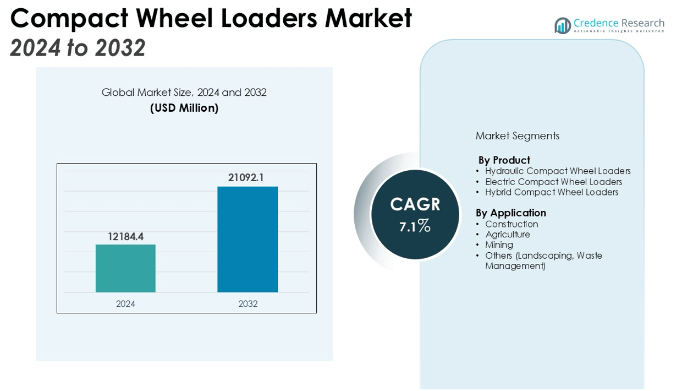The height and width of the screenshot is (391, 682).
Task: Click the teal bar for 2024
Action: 125,268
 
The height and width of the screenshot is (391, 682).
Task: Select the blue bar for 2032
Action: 248,239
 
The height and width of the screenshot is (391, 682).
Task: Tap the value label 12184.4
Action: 125,237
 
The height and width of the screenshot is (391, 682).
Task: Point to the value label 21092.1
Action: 246,177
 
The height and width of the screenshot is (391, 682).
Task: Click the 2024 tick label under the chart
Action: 125,304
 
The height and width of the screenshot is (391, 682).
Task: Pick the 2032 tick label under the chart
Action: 248,304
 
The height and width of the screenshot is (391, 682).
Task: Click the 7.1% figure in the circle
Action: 415,225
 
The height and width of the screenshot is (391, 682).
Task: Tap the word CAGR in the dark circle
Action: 415,204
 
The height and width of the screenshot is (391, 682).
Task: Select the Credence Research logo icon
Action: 562,25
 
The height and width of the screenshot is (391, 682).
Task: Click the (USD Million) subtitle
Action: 184,108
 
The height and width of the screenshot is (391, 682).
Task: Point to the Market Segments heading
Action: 517,136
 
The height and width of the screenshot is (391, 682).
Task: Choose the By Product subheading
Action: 504,160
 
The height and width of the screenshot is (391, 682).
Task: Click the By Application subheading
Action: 510,213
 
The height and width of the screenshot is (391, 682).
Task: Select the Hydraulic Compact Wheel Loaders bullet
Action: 557,171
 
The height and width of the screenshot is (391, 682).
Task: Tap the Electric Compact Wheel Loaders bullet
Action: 553,182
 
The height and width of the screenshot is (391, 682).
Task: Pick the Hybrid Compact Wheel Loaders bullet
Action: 551,192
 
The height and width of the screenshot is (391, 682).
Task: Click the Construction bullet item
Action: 511,224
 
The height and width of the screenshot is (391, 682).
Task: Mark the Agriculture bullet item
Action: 507,235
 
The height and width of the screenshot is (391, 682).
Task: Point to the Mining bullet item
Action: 499,245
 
